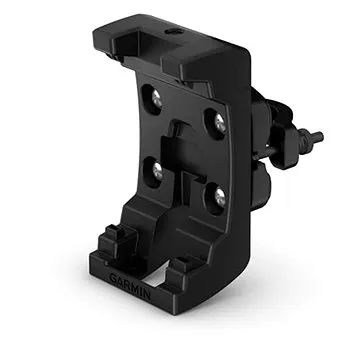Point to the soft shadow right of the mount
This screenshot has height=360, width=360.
pyautogui.click(x=290, y=300)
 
